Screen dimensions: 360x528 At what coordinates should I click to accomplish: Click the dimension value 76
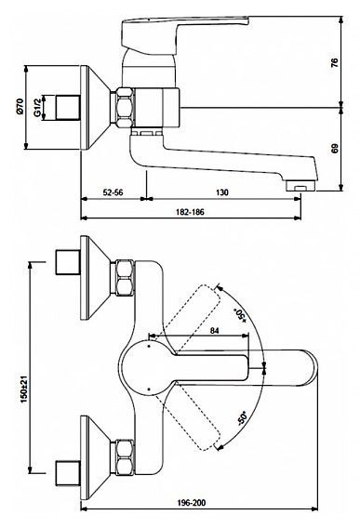tap(334, 63)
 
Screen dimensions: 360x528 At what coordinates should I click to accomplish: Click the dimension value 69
tap(334, 149)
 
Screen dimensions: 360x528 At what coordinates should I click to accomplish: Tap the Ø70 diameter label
tap(20, 106)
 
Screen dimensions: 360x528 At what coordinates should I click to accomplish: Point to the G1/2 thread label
tap(37, 107)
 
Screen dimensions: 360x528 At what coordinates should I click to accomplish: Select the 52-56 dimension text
tap(113, 192)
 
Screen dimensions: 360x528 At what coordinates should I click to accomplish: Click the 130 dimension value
tap(221, 192)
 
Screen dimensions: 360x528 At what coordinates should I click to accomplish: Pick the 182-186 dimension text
tap(190, 212)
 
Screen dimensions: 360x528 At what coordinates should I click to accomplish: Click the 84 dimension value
tap(214, 331)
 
